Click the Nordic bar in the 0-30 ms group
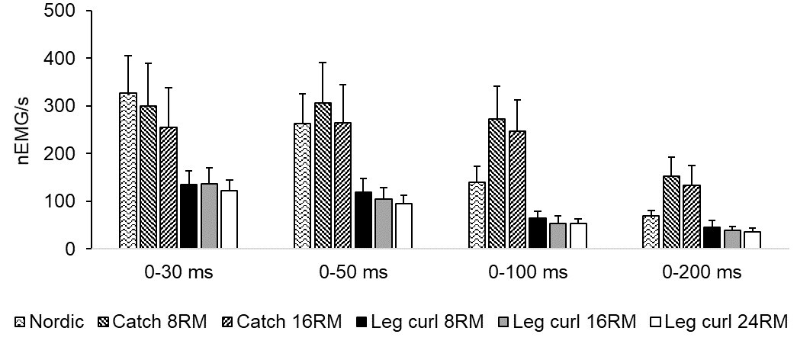pos(128,171)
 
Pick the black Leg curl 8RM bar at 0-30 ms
pos(188,217)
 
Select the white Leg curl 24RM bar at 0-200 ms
pos(752,239)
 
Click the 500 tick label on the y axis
pos(63,11)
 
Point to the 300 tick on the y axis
pos(63,106)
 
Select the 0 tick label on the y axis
pos(74,249)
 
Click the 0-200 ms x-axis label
pos(702,272)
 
